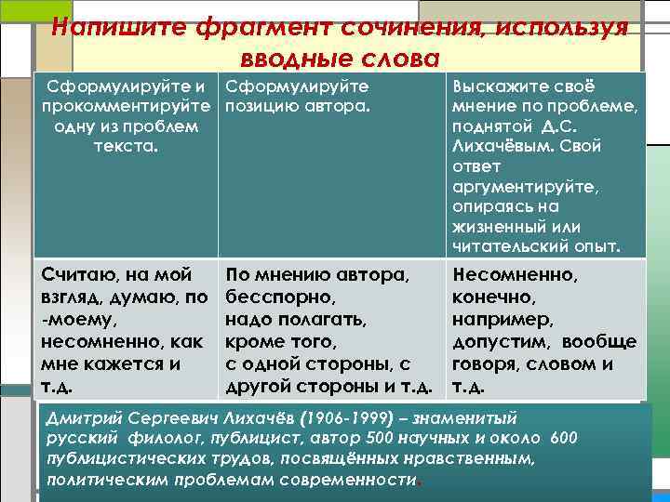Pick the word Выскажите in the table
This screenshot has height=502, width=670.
click(490, 86)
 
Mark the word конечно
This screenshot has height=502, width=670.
click(492, 297)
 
